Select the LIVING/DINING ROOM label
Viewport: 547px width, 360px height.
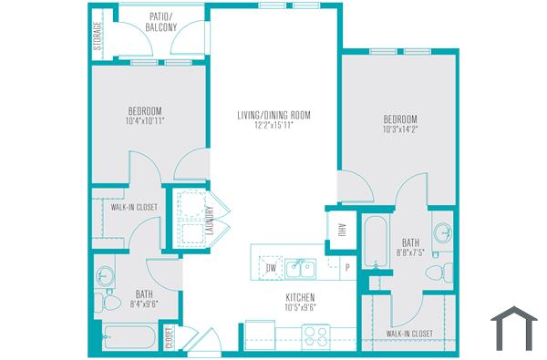pyautogui.click(x=274, y=114)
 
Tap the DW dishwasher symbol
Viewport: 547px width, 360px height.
pyautogui.click(x=271, y=269)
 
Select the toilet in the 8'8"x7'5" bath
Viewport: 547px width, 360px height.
pyautogui.click(x=444, y=270)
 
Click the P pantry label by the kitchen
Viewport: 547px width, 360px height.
pyautogui.click(x=347, y=269)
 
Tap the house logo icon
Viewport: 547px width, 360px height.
pyautogui.click(x=513, y=329)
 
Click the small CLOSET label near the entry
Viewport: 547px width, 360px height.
pyautogui.click(x=169, y=339)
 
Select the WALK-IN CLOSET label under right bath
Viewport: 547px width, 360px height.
pyautogui.click(x=408, y=334)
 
